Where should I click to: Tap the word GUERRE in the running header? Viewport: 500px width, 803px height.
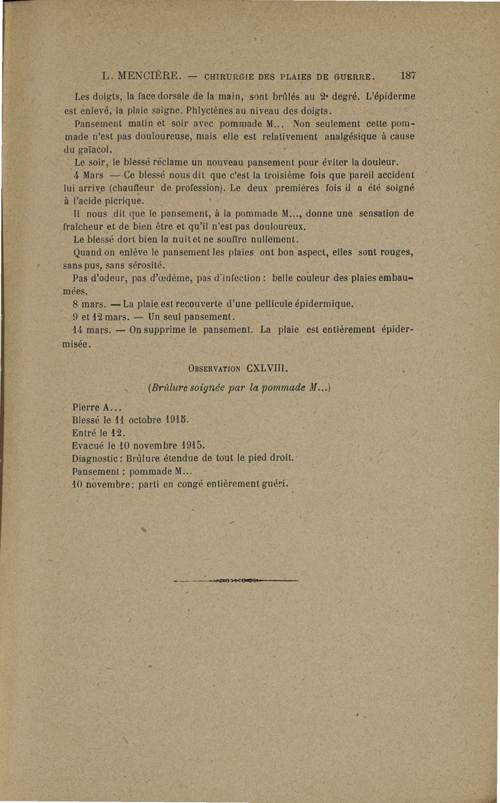[354, 77]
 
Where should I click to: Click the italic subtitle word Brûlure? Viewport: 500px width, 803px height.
[169, 386]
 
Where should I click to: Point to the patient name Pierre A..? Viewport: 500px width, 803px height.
[95, 406]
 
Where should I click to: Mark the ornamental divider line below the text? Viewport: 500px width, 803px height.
[236, 582]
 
